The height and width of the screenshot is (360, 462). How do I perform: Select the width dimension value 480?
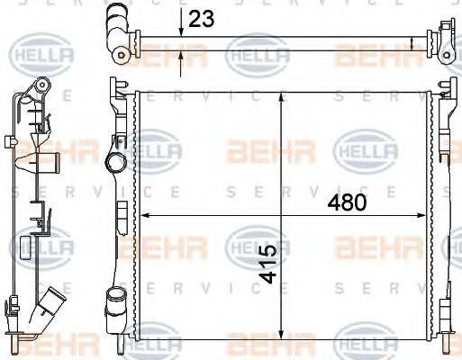[347, 202]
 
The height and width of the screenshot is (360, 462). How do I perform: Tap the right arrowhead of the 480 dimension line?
[427, 215]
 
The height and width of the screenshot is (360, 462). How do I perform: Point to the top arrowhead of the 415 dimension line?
[284, 95]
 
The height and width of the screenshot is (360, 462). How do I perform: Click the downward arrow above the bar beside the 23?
[182, 31]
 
